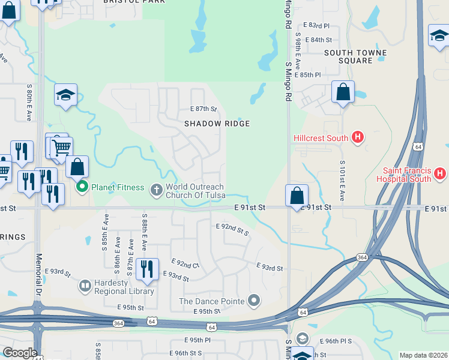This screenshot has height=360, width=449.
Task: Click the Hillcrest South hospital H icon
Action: [358, 138]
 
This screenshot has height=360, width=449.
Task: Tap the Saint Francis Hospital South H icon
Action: [440, 175]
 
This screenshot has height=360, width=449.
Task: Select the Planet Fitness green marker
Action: [83, 187]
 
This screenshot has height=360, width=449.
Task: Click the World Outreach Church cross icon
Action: [156, 190]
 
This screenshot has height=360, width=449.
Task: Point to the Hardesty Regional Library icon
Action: [85, 286]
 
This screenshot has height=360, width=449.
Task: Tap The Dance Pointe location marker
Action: [255, 301]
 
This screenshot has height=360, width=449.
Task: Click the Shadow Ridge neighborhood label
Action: [217, 123]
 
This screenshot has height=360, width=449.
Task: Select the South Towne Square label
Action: [348, 56]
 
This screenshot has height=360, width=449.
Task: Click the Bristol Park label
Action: [126, 2]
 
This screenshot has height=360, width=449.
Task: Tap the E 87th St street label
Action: [203, 109]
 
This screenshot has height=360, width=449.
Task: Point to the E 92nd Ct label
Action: [185, 264]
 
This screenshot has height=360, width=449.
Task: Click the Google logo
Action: [20, 353]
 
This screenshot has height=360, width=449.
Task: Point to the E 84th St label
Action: [318, 40]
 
